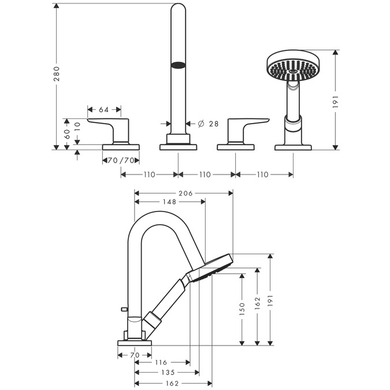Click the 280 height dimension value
click(57, 72)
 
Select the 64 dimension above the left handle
click(104, 110)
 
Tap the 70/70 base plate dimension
click(121, 160)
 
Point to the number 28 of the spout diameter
click(214, 124)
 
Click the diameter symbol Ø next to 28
click(200, 124)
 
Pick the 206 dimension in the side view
click(185, 193)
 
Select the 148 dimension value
click(169, 202)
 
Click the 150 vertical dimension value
click(243, 308)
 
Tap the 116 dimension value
click(161, 362)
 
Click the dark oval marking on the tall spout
click(180, 65)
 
